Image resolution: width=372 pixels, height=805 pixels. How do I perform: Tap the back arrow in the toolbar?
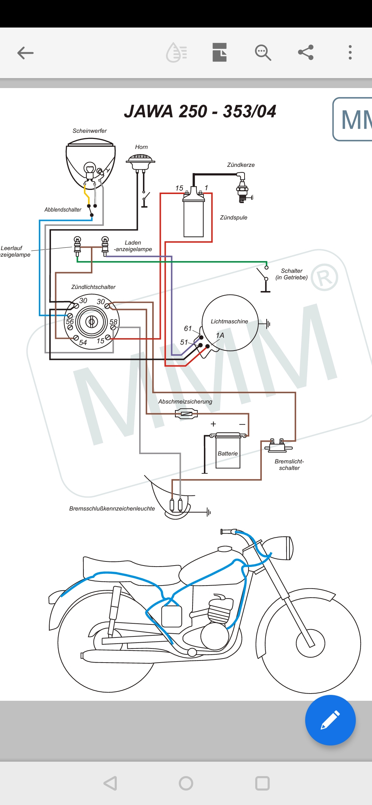click(x=25, y=53)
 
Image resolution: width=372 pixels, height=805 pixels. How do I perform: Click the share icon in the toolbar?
click(x=306, y=52)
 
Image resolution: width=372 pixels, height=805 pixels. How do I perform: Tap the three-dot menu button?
click(x=350, y=52)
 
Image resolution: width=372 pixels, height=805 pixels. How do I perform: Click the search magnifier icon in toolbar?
click(x=263, y=53)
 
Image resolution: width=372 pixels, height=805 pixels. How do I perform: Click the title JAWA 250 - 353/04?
click(x=200, y=111)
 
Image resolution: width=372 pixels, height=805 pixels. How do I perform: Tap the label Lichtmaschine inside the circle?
click(x=229, y=321)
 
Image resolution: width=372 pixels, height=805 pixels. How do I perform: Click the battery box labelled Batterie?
click(x=228, y=453)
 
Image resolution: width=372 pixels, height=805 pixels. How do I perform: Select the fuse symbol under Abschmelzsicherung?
click(x=186, y=414)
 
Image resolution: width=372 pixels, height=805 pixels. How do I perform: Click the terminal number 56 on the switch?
click(x=70, y=321)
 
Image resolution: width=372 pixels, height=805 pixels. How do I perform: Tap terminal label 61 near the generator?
click(x=188, y=329)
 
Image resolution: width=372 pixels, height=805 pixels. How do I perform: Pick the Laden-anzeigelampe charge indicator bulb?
click(x=105, y=245)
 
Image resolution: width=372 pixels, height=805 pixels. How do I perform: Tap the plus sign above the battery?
click(x=213, y=424)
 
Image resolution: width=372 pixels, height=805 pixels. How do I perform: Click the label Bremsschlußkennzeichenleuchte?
click(x=112, y=508)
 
